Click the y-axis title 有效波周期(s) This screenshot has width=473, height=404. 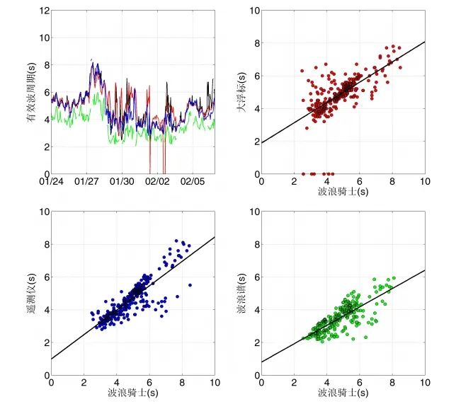point(30,91)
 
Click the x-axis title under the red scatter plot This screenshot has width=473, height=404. point(343,192)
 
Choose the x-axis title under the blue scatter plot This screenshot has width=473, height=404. point(133,393)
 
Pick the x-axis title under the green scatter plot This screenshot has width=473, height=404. point(343,393)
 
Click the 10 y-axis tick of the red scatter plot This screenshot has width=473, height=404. point(254,11)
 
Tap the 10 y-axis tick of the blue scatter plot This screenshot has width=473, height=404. point(43,212)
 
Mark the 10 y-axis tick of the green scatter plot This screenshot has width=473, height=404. point(254,212)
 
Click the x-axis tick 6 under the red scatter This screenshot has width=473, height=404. point(360,182)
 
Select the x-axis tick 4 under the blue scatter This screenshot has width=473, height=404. point(117,383)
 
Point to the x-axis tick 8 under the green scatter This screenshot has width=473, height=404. point(392,383)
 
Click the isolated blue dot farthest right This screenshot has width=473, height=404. point(190,284)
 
